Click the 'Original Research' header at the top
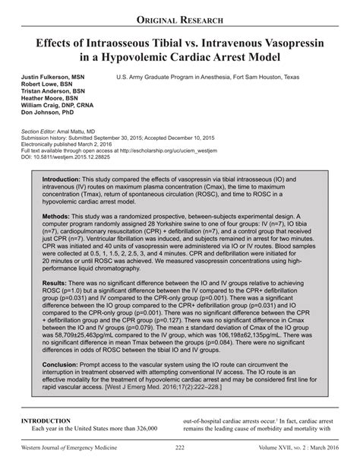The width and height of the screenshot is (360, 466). pyautogui.click(x=179, y=17)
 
